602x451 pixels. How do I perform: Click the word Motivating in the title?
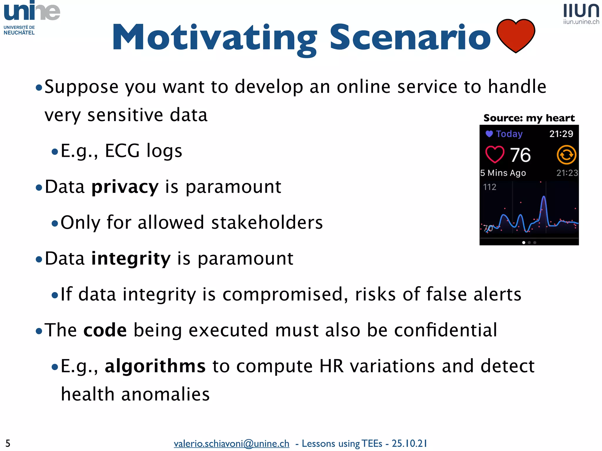215,38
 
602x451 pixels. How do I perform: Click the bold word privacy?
125,187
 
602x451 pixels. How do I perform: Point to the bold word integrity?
131,258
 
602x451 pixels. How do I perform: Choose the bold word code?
105,330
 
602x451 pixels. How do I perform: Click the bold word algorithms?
155,366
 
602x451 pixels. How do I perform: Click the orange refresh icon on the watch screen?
566,155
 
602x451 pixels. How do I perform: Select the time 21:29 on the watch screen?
561,134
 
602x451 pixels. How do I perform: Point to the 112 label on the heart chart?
489,187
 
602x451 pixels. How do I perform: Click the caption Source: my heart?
529,118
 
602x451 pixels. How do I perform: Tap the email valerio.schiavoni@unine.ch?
231,443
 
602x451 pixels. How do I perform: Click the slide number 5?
8,443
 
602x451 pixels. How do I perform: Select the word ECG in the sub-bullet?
122,151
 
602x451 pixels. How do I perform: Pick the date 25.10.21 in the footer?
409,443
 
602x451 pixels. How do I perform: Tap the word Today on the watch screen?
509,134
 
